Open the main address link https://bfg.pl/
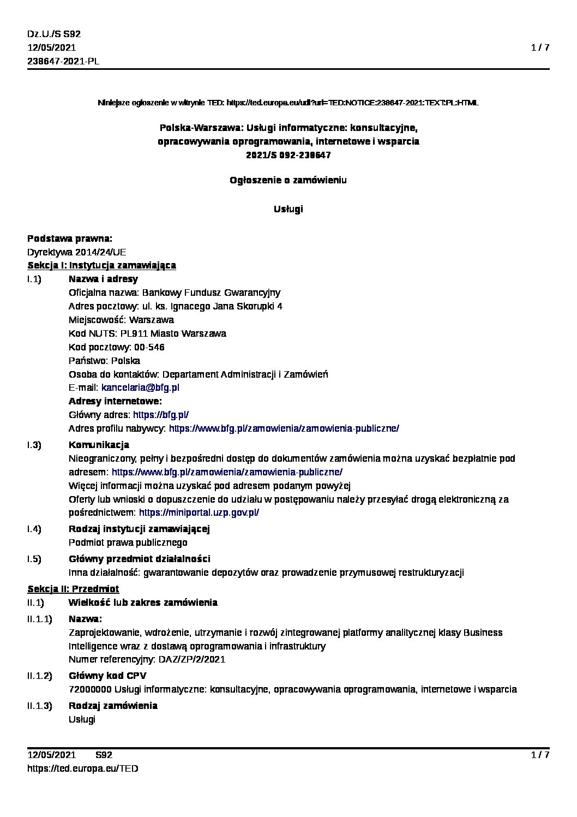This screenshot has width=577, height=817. (161, 415)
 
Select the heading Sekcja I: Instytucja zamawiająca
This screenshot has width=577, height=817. (101, 265)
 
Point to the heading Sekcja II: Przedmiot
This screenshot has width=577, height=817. (73, 589)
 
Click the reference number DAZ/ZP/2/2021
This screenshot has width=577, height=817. (191, 659)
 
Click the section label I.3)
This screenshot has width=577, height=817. (34, 445)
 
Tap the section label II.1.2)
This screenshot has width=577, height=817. (40, 676)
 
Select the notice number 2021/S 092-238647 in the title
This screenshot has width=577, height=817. (288, 155)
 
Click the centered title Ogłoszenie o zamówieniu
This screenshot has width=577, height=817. (288, 180)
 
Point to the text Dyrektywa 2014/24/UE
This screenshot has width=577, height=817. (77, 252)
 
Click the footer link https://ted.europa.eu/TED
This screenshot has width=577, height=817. (83, 768)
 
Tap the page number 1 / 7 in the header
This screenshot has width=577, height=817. (540, 47)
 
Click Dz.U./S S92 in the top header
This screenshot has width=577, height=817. (54, 34)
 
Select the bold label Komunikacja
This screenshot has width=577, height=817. (99, 445)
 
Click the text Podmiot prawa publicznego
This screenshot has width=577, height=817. (128, 542)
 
